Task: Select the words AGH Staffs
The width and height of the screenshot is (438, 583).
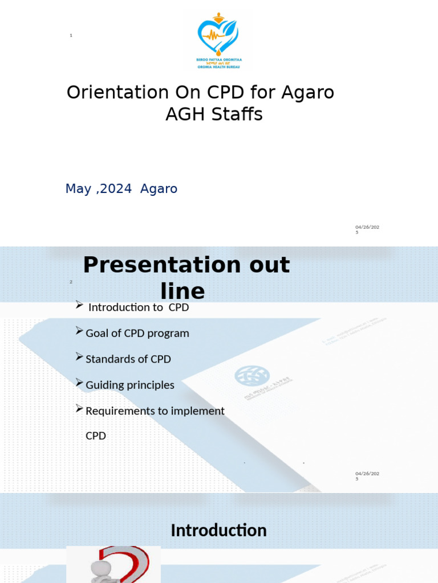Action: click(x=214, y=114)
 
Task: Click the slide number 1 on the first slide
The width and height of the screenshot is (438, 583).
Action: click(x=71, y=36)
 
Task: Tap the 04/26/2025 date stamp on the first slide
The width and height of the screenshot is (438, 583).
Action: click(x=367, y=229)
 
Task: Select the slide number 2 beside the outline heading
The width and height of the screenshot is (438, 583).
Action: click(x=71, y=282)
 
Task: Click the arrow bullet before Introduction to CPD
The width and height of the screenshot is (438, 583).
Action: click(x=79, y=306)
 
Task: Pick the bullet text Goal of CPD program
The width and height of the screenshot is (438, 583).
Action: click(x=137, y=333)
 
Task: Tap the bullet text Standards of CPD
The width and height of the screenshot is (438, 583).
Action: click(x=128, y=359)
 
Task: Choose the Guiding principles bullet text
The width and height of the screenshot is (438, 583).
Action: click(x=129, y=385)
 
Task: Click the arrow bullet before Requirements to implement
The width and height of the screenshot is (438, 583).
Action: click(x=79, y=409)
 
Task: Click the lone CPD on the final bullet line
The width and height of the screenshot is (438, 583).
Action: click(x=95, y=436)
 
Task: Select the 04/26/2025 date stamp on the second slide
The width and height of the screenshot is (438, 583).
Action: click(x=367, y=476)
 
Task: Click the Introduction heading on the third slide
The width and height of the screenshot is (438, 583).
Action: click(x=218, y=530)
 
